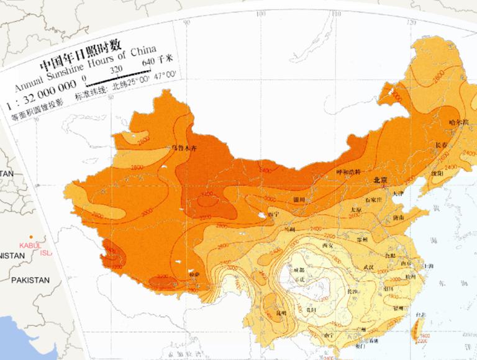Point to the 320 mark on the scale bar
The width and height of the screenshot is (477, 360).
pyautogui.click(x=116, y=71)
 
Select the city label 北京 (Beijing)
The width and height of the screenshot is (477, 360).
pyautogui.click(x=380, y=180)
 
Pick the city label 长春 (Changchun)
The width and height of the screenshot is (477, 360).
pyautogui.click(x=442, y=145)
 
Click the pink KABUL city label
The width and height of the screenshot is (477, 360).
pyautogui.click(x=30, y=246)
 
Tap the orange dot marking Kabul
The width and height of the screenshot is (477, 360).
pyautogui.click(x=29, y=238)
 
